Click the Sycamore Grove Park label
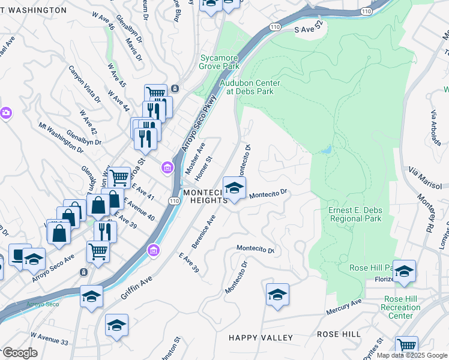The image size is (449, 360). (219, 62)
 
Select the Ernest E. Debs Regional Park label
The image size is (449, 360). (356, 214)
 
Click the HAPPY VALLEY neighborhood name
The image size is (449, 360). (261, 338)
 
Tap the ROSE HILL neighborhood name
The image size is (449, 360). (339, 334)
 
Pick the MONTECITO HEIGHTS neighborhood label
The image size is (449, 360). (205, 196)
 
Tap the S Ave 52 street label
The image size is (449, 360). (309, 28)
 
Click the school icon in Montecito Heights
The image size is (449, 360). (234, 188)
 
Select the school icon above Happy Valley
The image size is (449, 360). (277, 295)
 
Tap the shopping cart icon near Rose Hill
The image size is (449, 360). (406, 346)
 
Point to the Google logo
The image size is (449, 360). (20, 353)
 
